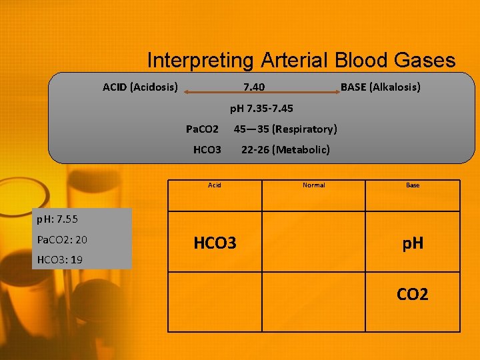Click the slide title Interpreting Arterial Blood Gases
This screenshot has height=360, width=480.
coord(301,61)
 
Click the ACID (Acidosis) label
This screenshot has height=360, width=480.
coord(140,87)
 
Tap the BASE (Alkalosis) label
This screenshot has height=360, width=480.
coord(380,87)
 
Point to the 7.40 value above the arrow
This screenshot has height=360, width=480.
coord(253,87)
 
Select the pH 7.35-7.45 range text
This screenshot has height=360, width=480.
coord(261,108)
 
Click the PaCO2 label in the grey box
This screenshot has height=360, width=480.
coord(202,129)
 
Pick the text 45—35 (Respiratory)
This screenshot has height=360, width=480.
coord(285,129)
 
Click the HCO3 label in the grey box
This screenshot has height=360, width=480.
coord(207,149)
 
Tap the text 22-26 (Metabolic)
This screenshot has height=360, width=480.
coord(285,149)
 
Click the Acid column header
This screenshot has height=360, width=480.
coord(214,185)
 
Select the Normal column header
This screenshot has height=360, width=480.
coord(313,185)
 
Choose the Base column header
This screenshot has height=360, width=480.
coord(413,185)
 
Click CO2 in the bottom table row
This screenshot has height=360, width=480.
coord(413,294)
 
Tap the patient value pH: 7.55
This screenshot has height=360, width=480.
coord(59,219)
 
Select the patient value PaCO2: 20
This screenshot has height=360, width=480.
coord(62,239)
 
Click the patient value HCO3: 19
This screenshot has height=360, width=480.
coord(60,259)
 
